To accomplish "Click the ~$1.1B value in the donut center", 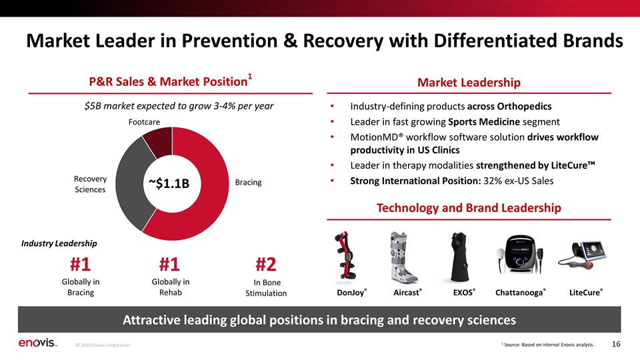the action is pos(169,184).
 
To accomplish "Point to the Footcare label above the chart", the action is pos(144,121).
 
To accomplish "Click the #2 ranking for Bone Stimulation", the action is pos(266,265).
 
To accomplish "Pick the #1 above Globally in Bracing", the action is pos(80,265).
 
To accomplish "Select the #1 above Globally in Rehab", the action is pos(169,265).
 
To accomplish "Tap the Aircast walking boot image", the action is pos(403,257).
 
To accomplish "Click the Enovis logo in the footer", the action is pos(37,343).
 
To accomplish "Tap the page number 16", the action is pos(616,344).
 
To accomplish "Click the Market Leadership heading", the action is pos(469,83).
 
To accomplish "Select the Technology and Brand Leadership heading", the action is pos(469,208).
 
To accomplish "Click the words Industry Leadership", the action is pos(59,243).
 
